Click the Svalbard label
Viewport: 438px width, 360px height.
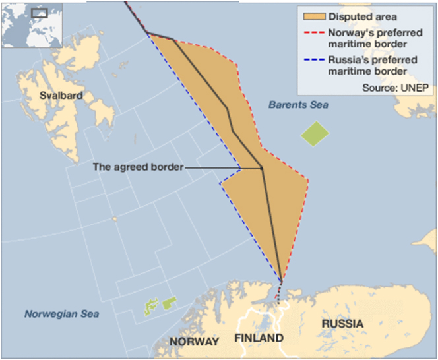61,95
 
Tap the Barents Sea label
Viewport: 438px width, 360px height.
298,105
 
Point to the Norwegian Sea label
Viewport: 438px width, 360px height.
62,314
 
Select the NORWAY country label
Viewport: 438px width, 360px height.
194,342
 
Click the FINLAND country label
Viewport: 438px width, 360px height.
259,338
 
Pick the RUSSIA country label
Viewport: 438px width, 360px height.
342,324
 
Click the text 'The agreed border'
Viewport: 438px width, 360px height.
137,167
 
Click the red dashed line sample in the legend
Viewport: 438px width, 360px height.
313,32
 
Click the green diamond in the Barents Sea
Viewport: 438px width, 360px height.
315,134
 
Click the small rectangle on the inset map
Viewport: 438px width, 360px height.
41,13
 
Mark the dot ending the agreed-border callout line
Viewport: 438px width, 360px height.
262,168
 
